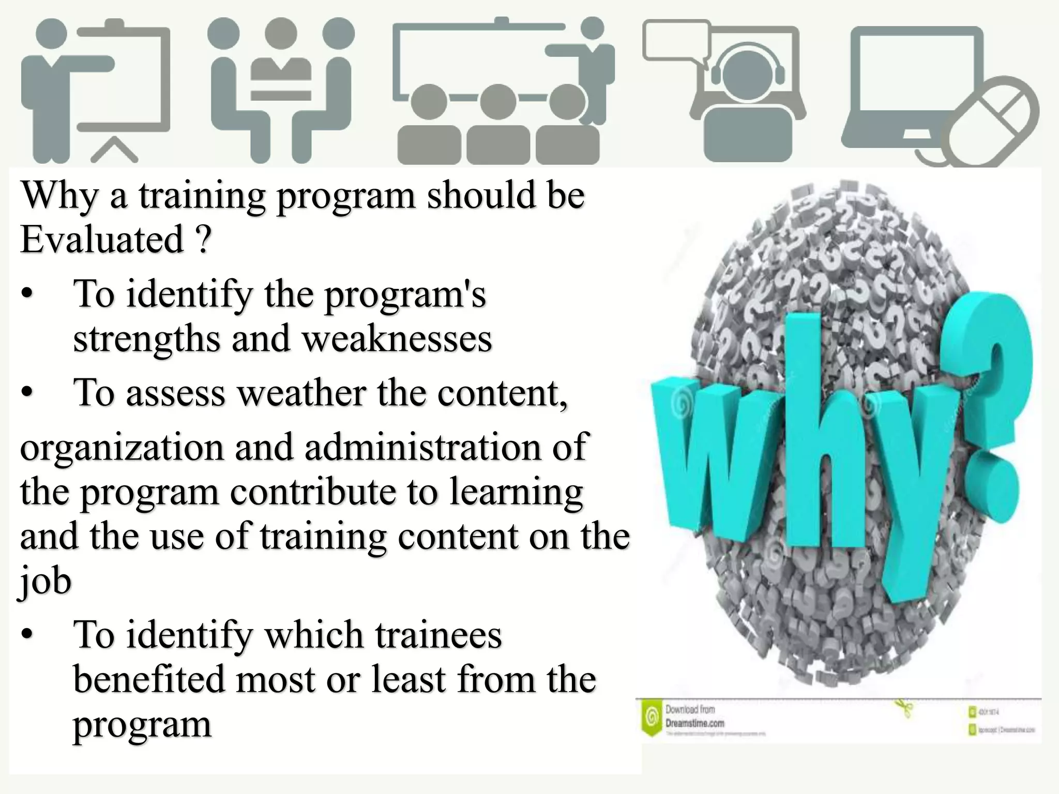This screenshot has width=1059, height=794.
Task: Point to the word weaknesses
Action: pyautogui.click(x=397, y=339)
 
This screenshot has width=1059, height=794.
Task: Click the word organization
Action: pyautogui.click(x=122, y=448)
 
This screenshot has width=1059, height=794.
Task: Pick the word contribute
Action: pyautogui.click(x=313, y=491)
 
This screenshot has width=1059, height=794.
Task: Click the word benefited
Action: pyautogui.click(x=149, y=679)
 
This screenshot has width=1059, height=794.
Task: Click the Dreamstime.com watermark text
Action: pyautogui.click(x=694, y=723)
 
